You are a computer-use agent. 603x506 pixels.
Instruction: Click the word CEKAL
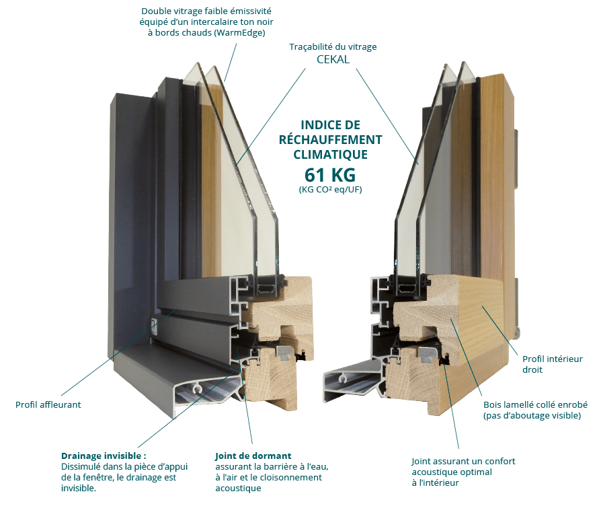click(x=333, y=60)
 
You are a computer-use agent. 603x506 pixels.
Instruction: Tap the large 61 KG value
click(x=330, y=175)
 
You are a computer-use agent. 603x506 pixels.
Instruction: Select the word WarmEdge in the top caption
click(x=239, y=33)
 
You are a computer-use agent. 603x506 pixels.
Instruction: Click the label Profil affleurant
click(x=48, y=405)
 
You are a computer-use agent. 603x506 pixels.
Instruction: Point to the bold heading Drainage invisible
click(x=104, y=456)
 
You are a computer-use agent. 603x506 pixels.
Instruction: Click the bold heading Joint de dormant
click(x=253, y=456)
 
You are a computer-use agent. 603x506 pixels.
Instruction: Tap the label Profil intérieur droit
click(x=552, y=365)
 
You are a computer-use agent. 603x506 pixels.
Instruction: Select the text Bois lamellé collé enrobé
click(x=535, y=405)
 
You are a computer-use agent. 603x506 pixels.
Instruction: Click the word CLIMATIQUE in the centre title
click(x=330, y=155)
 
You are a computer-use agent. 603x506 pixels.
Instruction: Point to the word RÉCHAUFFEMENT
click(x=330, y=140)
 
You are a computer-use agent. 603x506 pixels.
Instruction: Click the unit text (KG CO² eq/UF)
click(x=330, y=189)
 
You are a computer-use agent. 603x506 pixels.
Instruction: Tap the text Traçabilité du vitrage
click(x=333, y=47)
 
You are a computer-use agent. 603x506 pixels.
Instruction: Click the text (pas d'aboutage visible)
click(x=532, y=416)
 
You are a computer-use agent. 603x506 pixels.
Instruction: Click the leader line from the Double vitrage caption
click(x=230, y=63)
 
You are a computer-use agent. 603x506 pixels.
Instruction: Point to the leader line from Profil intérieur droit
click(x=499, y=330)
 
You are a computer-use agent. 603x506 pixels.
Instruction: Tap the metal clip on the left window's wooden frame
click(x=284, y=352)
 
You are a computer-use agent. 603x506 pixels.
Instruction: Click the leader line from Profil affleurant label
click(x=118, y=352)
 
